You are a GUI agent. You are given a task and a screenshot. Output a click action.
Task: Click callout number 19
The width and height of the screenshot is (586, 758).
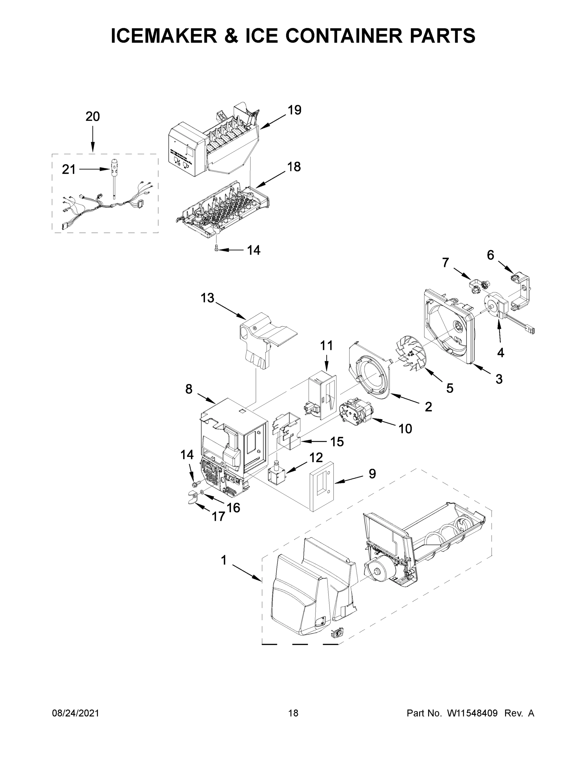(294, 110)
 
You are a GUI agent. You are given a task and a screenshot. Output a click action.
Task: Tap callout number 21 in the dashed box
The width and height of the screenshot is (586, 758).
(69, 169)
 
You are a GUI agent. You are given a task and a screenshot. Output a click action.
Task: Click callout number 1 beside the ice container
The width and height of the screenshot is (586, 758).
(224, 560)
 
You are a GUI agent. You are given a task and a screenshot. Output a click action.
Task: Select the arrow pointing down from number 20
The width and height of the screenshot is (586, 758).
(93, 139)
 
